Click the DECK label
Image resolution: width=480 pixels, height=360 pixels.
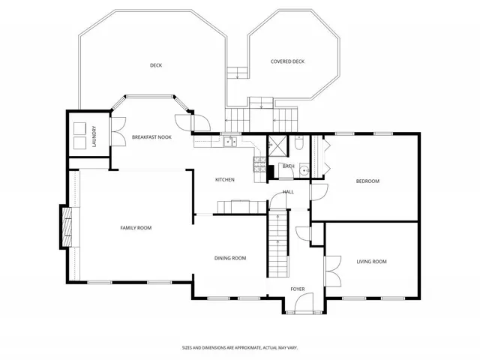pos(156,65)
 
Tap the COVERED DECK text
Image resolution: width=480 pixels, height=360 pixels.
pos(287,61)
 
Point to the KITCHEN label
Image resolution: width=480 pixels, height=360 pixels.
pos(225,179)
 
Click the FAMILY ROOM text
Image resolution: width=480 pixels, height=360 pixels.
pos(136,227)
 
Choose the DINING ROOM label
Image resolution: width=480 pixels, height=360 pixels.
pos(230,258)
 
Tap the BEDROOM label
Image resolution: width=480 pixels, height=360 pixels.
pos(367,181)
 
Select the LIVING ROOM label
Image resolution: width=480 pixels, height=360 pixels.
pos(371,261)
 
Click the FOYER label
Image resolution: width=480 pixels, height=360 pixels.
pos(298,289)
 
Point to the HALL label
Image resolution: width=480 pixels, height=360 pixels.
pos(288,192)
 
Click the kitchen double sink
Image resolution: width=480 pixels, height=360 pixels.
pos(229,141)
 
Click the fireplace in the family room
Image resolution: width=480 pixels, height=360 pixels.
pos(67,226)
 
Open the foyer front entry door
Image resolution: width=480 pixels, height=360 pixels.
pos(304,303)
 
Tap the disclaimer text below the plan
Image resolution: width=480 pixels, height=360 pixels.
pos(239,347)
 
